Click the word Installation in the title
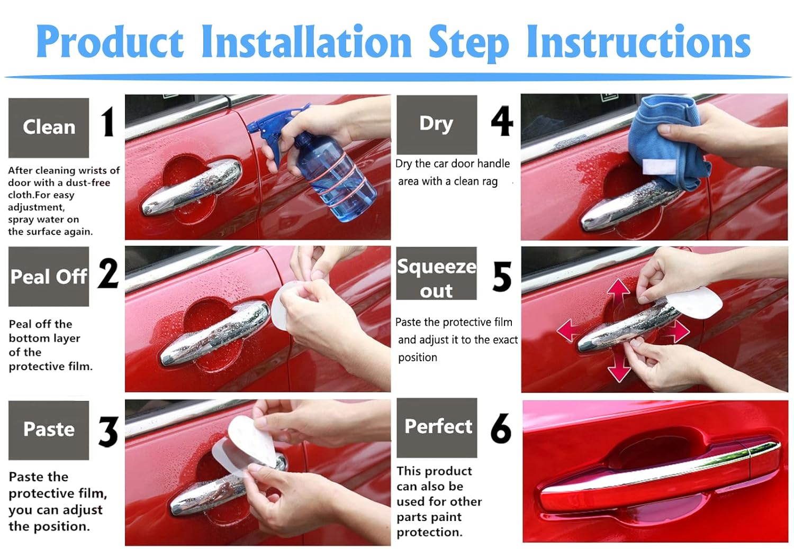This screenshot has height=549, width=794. [306, 41]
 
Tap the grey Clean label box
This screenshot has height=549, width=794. [49, 128]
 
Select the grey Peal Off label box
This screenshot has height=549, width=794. [49, 277]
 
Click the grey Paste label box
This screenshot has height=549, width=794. [49, 431]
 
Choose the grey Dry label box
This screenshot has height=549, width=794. [437, 125]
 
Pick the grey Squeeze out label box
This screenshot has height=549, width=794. [436, 273]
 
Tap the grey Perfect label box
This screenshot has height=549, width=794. [437, 427]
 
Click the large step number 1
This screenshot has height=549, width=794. [107, 122]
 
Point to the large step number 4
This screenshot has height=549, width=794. [502, 121]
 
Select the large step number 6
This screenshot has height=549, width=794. [501, 428]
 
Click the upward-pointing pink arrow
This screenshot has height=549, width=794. [618, 292]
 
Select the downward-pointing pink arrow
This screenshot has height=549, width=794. [619, 368]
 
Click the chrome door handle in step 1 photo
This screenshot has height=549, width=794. [192, 187]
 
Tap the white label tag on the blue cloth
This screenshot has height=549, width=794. [659, 167]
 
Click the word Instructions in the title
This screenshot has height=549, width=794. [638, 41]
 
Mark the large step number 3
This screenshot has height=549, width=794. [108, 432]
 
